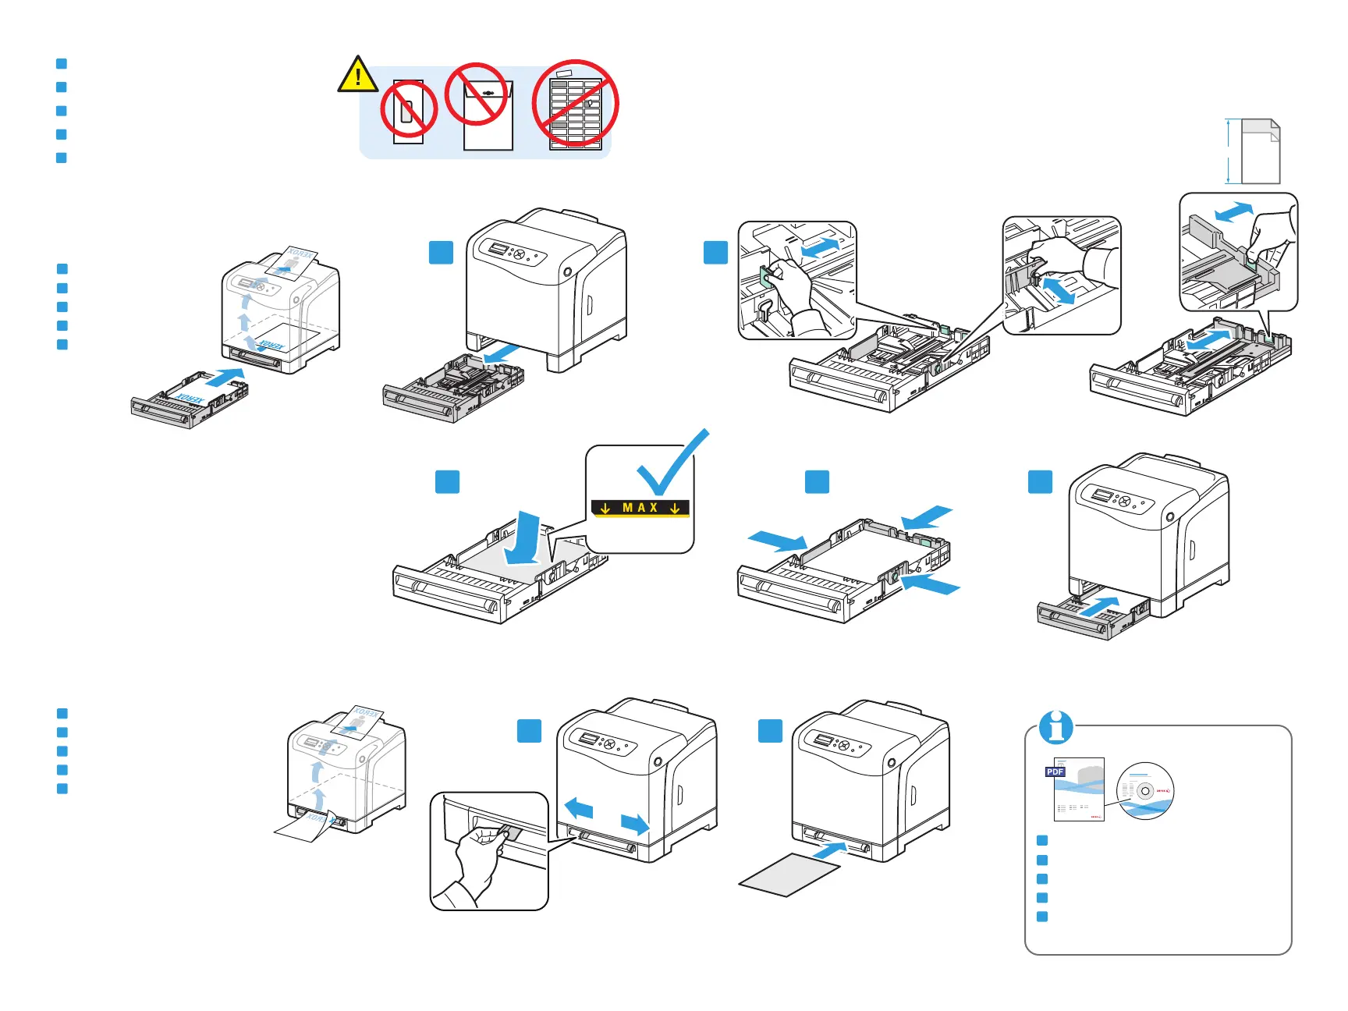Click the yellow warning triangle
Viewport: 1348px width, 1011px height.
tap(357, 76)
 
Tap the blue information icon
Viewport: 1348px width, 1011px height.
tap(1056, 727)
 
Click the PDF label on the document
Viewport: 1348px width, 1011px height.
tap(1055, 772)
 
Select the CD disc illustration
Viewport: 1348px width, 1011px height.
tap(1145, 791)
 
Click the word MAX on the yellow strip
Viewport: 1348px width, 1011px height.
tap(640, 508)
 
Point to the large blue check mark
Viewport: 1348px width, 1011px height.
tap(671, 464)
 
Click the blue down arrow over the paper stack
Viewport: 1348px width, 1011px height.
tap(523, 538)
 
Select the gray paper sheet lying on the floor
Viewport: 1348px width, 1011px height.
tap(789, 874)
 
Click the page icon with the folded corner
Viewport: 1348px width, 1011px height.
tap(1260, 151)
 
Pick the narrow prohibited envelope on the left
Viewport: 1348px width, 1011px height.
tap(409, 112)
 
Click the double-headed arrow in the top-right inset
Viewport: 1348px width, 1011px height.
tap(1233, 211)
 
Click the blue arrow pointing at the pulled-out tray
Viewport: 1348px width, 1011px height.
tap(501, 355)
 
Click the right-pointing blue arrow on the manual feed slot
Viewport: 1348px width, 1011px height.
tap(635, 823)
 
